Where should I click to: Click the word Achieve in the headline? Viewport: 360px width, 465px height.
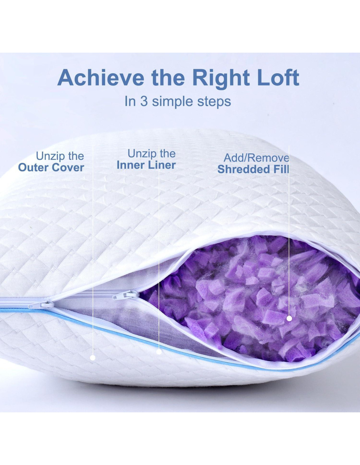[x=101, y=78]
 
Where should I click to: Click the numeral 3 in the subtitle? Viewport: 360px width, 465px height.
[x=144, y=101]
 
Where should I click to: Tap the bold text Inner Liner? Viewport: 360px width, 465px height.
[x=146, y=165]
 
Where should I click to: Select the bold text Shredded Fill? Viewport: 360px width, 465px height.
[x=253, y=169]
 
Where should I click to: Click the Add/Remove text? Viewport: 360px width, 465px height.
[x=256, y=158]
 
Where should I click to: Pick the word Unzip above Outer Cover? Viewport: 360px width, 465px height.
[x=48, y=156]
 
